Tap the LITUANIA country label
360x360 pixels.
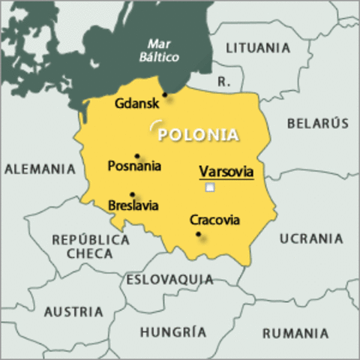[256, 48]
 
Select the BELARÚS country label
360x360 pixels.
[317, 123]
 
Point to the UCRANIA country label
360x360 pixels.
[311, 238]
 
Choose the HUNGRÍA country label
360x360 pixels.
[173, 331]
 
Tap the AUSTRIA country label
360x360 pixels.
[73, 311]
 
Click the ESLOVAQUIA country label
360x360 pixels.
[169, 280]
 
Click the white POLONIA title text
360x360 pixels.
[199, 135]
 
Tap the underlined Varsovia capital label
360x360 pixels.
[226, 172]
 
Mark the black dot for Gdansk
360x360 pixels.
[165, 94]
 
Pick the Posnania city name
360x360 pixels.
[134, 166]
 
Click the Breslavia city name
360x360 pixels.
[133, 205]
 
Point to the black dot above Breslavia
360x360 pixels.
[132, 194]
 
